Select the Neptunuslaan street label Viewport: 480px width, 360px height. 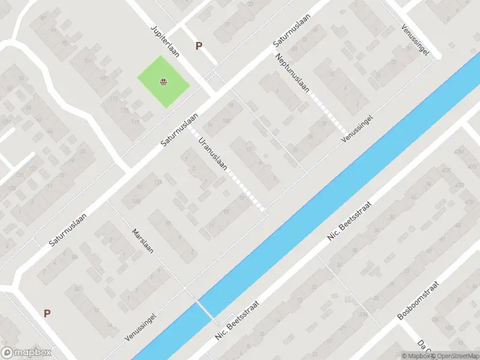(293, 73)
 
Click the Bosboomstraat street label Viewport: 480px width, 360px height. (419, 300)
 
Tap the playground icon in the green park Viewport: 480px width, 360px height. (163, 82)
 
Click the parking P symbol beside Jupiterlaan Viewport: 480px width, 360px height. (199, 46)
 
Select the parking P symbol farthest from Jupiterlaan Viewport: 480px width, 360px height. (47, 313)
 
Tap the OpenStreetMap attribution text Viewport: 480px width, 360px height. (455, 356)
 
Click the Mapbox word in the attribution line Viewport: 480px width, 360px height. (418, 356)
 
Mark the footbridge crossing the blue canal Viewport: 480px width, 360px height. (205, 309)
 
